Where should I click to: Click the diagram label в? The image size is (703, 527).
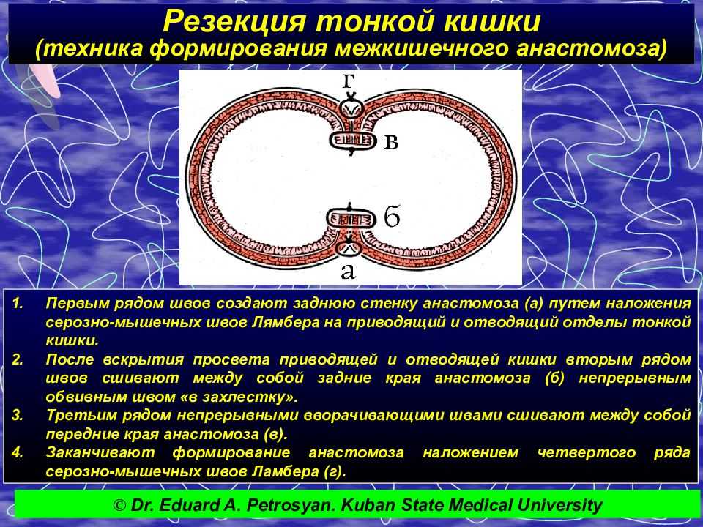click(391, 141)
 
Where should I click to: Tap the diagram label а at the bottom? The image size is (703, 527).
click(348, 271)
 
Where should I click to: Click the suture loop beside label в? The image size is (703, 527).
click(352, 141)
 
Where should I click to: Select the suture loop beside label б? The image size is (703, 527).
click(350, 219)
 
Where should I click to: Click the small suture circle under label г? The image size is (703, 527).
click(351, 109)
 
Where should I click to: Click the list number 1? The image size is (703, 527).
click(17, 303)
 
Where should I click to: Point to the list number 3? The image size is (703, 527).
click(17, 416)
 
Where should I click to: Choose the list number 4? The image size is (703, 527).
click(17, 452)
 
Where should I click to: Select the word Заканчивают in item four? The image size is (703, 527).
click(100, 452)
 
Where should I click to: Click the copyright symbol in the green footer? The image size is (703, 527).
click(119, 506)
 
